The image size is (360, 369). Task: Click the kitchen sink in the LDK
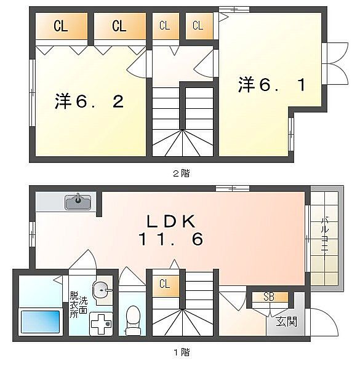[x=78, y=202]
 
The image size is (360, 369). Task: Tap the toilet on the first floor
[x=133, y=320]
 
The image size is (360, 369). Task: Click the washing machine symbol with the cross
[x=100, y=324]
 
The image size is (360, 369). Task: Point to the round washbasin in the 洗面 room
[x=102, y=290]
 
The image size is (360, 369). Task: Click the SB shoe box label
[x=269, y=297]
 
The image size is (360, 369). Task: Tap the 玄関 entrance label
[x=286, y=322]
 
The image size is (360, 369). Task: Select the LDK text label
[x=171, y=221]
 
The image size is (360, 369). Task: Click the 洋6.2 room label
[x=89, y=101]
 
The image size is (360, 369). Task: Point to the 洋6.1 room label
[x=272, y=84]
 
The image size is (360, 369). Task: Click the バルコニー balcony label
[x=325, y=238]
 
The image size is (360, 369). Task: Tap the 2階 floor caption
[x=182, y=173]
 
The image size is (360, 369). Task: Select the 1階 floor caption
[x=182, y=352]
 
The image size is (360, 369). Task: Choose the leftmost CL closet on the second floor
[x=61, y=26]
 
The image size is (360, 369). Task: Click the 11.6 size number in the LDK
[x=171, y=239]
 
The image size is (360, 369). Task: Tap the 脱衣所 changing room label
[x=74, y=305]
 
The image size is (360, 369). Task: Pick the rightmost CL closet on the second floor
[x=199, y=26]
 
